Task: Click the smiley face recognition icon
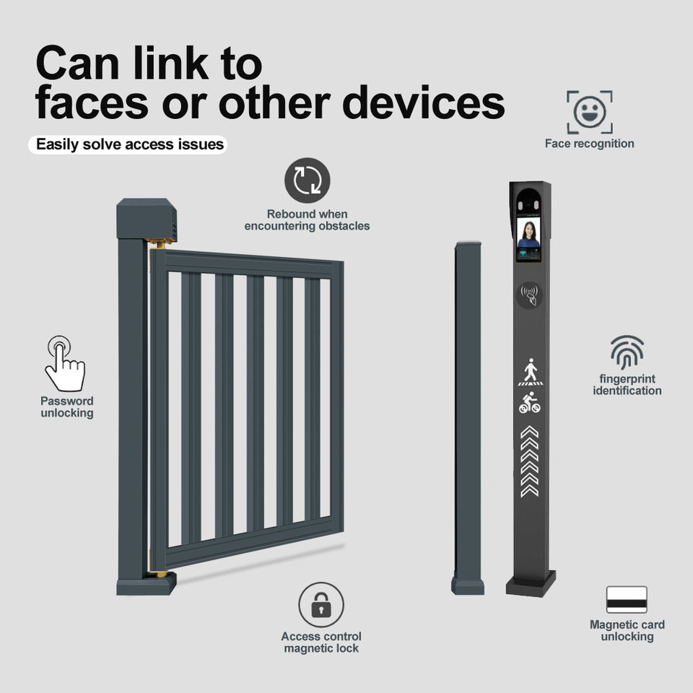[x=589, y=112]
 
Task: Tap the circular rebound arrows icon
[x=307, y=180]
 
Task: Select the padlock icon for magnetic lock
[x=321, y=605]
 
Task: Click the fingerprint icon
[x=627, y=352]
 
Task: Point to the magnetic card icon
[x=627, y=600]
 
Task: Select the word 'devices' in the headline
[x=423, y=103]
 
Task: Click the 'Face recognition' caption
[x=589, y=144]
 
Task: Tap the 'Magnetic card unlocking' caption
[x=627, y=630]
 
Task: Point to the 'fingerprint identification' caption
[x=627, y=385]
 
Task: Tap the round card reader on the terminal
[x=530, y=295]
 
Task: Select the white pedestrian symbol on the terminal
[x=530, y=372]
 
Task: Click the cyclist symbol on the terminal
[x=530, y=403]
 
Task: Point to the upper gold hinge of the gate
[x=161, y=243]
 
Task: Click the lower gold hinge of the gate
[x=160, y=574]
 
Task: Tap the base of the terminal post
[x=531, y=583]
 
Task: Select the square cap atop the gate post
[x=146, y=219]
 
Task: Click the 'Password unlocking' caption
[x=66, y=407]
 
